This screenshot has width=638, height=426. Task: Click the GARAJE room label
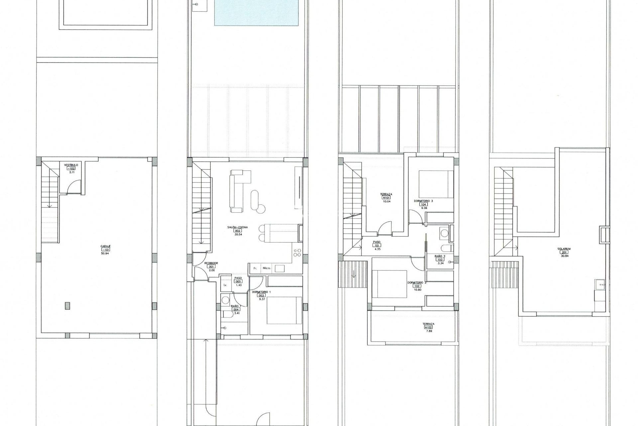[x=106, y=246]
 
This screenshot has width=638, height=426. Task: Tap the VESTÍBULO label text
[x=71, y=165]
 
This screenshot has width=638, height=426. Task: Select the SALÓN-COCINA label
[x=238, y=227]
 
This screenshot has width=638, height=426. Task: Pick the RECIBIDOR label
[x=211, y=263]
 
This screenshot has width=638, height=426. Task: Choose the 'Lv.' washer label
[x=225, y=285]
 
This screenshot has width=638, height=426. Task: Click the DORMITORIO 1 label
[x=261, y=292]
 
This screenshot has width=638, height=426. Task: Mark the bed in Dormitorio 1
[x=284, y=310]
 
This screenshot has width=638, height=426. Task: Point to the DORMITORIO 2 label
[x=417, y=283]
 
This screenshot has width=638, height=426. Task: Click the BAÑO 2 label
[x=440, y=256]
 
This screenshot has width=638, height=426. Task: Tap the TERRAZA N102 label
[x=428, y=324]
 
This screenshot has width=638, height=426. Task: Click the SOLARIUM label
[x=564, y=249]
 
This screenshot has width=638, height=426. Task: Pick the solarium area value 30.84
[x=564, y=256]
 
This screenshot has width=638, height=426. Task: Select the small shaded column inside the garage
[x=68, y=306]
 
